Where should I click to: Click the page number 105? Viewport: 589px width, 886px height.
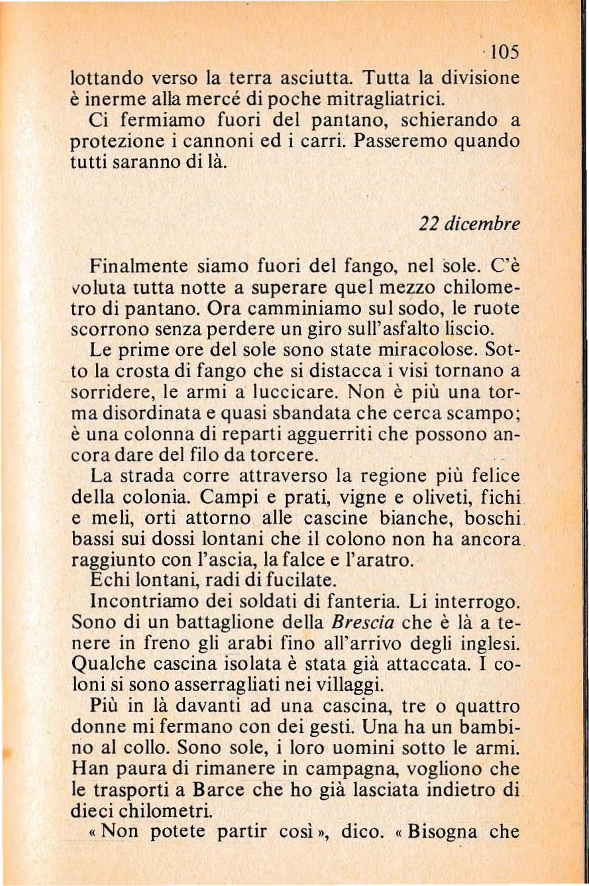tap(503, 53)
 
